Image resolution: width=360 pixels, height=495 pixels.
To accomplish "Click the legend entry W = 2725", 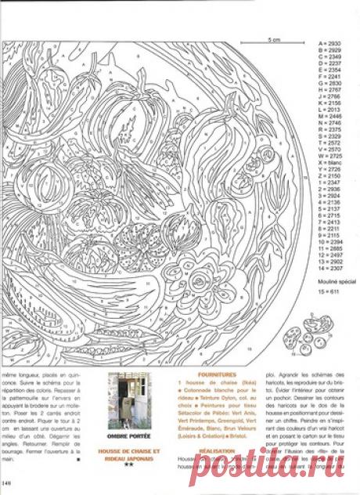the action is (x=329, y=154).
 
